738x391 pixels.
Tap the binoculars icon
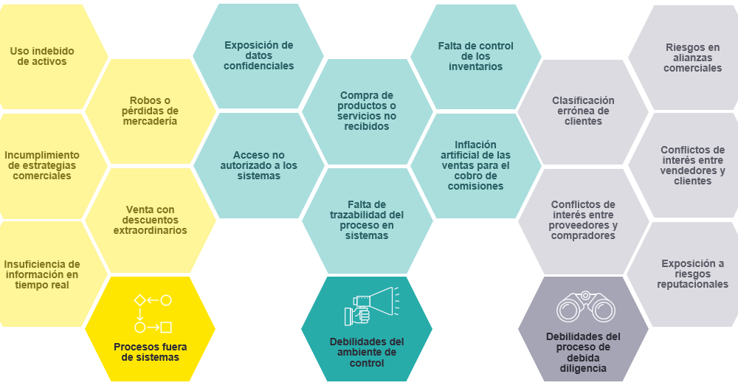click(585, 307)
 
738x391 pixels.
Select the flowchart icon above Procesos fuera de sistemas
click(153, 314)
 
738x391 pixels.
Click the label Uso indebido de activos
click(42, 56)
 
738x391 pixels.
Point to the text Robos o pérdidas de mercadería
click(150, 111)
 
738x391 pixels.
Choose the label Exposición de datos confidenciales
click(259, 55)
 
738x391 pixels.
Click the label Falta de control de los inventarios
click(475, 56)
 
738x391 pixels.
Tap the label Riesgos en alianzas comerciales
click(692, 58)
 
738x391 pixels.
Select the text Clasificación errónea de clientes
click(583, 111)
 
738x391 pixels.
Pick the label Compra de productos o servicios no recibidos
click(367, 111)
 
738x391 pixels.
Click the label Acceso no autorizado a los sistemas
click(259, 165)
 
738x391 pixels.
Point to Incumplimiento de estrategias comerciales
click(42, 165)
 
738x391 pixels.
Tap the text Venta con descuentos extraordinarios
click(150, 220)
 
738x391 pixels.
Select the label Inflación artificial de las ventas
click(475, 165)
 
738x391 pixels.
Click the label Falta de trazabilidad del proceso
click(367, 220)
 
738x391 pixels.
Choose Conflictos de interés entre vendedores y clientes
click(692, 165)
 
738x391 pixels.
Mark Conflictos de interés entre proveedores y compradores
click(583, 220)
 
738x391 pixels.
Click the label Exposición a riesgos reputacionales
click(692, 274)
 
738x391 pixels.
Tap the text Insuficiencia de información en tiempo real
click(42, 274)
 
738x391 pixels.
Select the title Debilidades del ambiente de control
click(367, 353)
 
